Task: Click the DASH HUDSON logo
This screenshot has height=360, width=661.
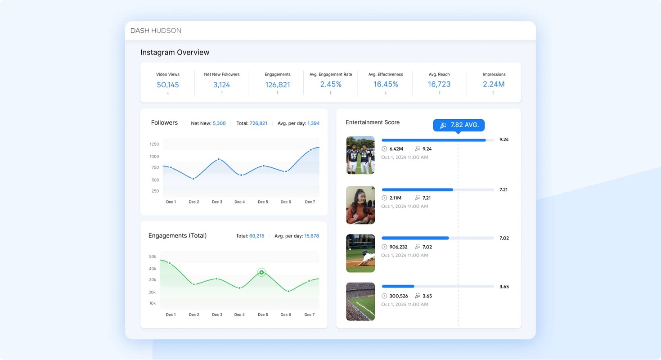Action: pyautogui.click(x=156, y=31)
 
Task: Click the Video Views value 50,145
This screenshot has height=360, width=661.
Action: pyautogui.click(x=168, y=85)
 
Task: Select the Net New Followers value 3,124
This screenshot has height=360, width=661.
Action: pyautogui.click(x=221, y=85)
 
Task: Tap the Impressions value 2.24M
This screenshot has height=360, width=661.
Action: pyautogui.click(x=494, y=84)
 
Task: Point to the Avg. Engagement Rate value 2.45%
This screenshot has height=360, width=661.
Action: pyautogui.click(x=331, y=84)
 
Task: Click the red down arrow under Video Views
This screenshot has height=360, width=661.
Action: pyautogui.click(x=168, y=93)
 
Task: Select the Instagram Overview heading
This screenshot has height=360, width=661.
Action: pyautogui.click(x=175, y=52)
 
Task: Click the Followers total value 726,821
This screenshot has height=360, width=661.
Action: pyautogui.click(x=258, y=123)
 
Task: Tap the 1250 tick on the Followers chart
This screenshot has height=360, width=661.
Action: pyautogui.click(x=154, y=144)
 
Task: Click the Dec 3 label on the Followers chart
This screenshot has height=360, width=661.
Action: pyautogui.click(x=217, y=202)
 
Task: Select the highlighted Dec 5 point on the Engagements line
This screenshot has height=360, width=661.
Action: pyautogui.click(x=261, y=272)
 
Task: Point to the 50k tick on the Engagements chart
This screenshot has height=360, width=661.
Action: pyautogui.click(x=153, y=256)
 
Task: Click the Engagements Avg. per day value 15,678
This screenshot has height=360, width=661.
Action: pyautogui.click(x=311, y=236)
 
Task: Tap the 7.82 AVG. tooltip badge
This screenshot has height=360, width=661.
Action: pyautogui.click(x=459, y=125)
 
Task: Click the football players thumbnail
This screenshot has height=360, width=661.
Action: pyautogui.click(x=360, y=155)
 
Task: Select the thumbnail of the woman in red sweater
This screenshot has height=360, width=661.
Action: pyautogui.click(x=360, y=205)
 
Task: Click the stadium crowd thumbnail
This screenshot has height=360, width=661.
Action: pyautogui.click(x=360, y=301)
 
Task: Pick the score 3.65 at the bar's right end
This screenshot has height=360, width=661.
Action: pyautogui.click(x=504, y=287)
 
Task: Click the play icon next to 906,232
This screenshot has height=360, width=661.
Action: pyautogui.click(x=384, y=247)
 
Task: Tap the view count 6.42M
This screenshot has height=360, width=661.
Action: pyautogui.click(x=396, y=149)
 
